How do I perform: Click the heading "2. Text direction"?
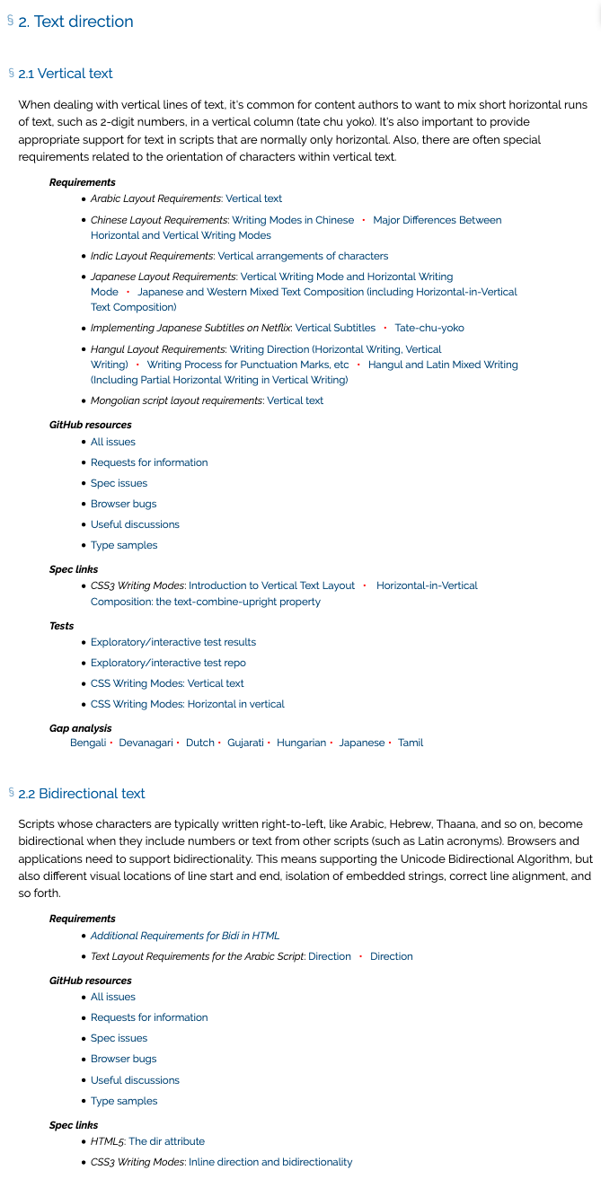click(x=75, y=22)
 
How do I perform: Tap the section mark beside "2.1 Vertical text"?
click(x=12, y=73)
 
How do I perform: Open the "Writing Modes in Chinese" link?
click(x=293, y=220)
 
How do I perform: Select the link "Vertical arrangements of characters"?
click(x=303, y=256)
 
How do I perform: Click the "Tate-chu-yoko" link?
click(x=429, y=328)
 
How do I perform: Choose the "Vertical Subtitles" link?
click(x=335, y=328)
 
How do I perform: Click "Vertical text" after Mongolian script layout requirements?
click(x=295, y=400)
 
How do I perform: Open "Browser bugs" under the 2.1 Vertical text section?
click(x=123, y=504)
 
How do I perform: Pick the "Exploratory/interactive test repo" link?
click(x=168, y=663)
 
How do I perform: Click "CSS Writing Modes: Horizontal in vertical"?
click(x=187, y=704)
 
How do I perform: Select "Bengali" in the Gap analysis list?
click(x=88, y=743)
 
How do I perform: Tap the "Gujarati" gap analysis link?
click(x=245, y=743)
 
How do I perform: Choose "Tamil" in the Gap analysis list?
click(x=411, y=743)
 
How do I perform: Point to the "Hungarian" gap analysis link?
click(x=301, y=743)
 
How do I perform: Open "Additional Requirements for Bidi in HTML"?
click(x=185, y=936)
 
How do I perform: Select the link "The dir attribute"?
click(x=166, y=1141)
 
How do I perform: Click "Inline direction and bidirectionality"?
click(x=270, y=1162)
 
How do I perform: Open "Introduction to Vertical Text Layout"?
click(x=271, y=585)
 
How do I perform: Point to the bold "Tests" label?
click(x=62, y=626)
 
